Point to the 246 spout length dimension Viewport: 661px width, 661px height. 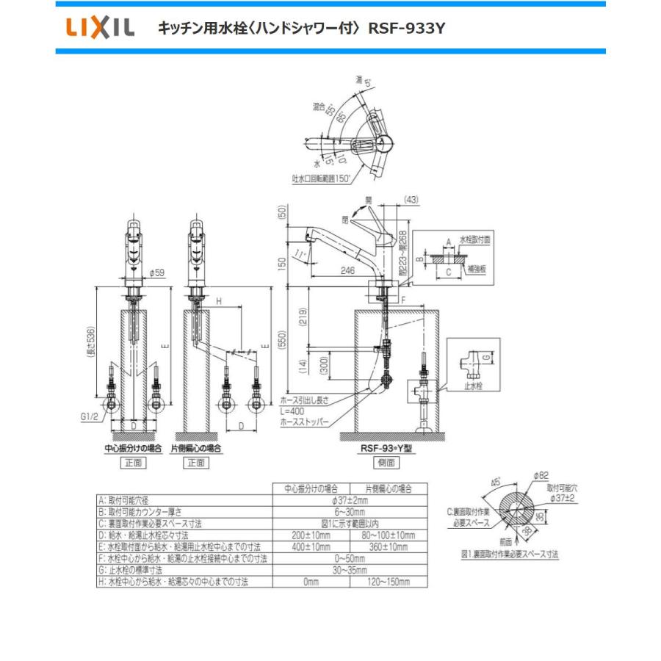click(339, 270)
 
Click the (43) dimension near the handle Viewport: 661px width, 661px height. click(412, 199)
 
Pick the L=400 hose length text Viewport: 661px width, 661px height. click(294, 411)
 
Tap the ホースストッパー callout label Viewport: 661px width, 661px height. click(304, 422)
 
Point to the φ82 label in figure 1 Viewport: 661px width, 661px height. click(542, 476)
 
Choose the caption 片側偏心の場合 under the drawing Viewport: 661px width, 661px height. click(196, 447)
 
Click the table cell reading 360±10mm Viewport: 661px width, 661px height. click(389, 547)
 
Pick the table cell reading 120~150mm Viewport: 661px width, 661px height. click(389, 582)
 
